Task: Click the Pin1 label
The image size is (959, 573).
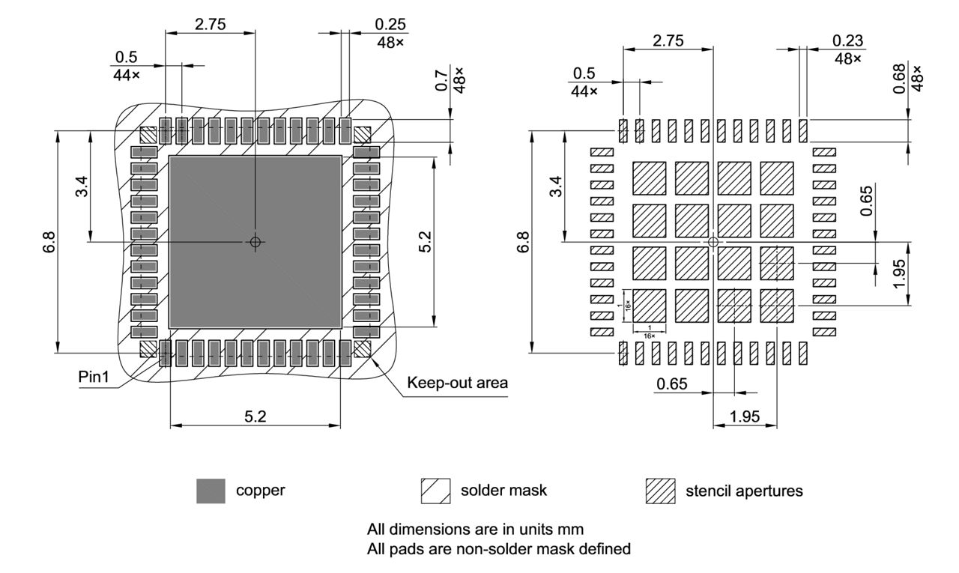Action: coord(94,377)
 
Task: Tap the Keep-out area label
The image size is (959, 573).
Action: coord(457,383)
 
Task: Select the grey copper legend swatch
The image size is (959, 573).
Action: coord(211,491)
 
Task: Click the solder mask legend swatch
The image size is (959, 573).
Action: coord(435,491)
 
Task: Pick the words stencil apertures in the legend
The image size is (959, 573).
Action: coord(744,491)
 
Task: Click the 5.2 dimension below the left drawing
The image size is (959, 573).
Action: coord(255,416)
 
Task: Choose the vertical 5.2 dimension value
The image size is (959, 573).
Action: coord(425,241)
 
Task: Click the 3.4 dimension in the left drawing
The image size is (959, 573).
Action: coord(81,186)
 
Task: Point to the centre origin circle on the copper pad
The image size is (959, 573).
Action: coord(255,241)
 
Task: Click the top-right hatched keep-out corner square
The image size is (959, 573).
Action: coord(363,135)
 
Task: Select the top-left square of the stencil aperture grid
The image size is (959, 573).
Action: coord(650,178)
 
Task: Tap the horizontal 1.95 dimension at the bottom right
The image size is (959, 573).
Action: coord(744,416)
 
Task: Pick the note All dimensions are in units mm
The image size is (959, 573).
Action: coord(475,529)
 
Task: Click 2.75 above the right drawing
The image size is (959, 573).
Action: coord(668,41)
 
